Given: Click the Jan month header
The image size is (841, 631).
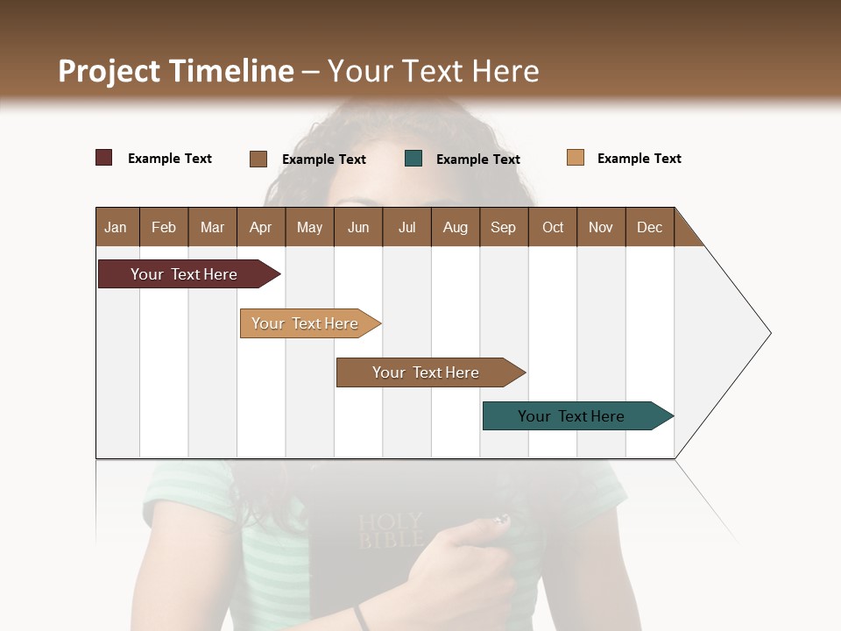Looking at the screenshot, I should (117, 227).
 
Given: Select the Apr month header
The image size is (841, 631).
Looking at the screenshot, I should (261, 227).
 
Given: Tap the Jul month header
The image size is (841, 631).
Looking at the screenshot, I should (406, 227).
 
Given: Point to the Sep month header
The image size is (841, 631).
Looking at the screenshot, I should (503, 227).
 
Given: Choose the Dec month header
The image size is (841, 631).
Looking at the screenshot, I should (649, 227).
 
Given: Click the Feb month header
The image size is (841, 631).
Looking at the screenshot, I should (164, 227).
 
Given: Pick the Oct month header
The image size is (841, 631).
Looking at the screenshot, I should (553, 227).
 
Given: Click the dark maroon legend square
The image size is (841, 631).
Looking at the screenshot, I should (104, 158).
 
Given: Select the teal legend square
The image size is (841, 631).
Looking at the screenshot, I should (413, 159).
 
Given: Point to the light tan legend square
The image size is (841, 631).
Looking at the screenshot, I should (576, 158).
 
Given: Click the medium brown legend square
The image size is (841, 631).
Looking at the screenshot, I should (258, 159).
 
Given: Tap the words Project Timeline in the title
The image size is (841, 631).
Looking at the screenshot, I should (175, 71).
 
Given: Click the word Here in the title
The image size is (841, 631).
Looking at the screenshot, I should (505, 71).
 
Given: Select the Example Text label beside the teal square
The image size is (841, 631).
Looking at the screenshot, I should (478, 160).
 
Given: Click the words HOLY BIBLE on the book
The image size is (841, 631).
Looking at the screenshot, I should (390, 530).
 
